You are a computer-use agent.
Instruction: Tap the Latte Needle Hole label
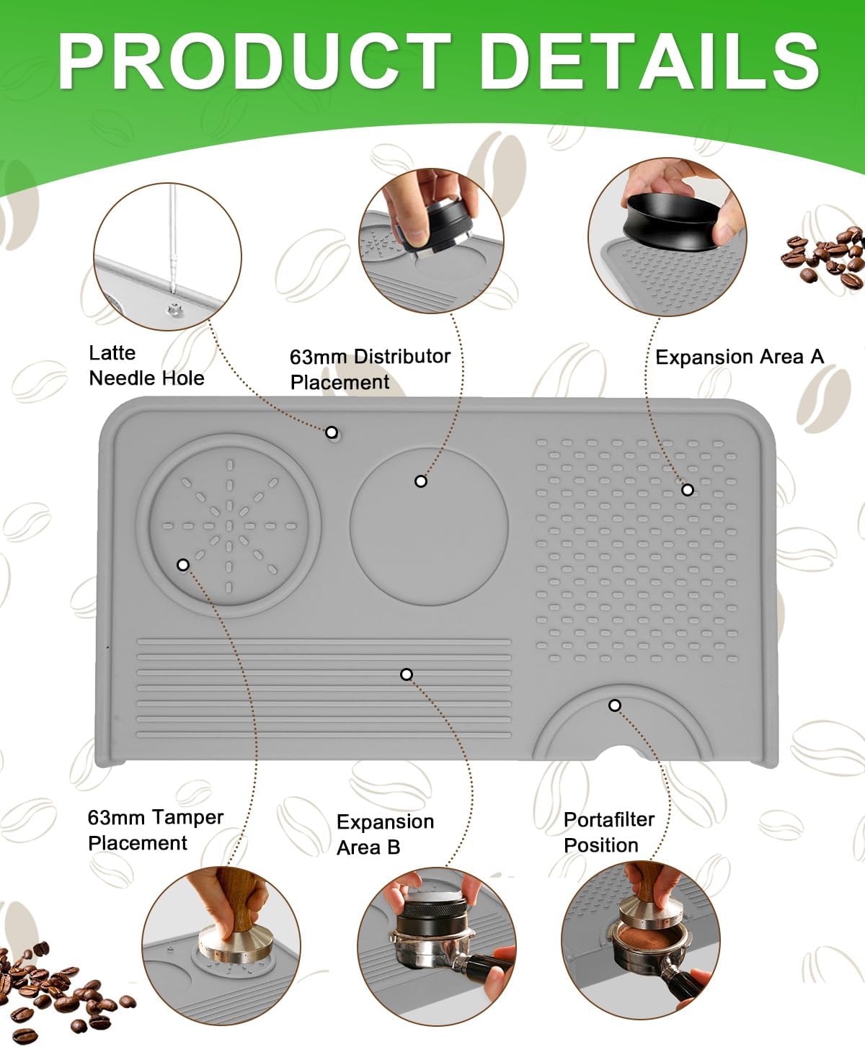(146, 365)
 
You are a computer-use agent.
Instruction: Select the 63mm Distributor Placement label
(369, 369)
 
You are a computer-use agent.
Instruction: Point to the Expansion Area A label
(739, 357)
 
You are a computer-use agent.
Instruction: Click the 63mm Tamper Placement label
(155, 830)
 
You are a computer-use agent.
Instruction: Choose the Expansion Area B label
(385, 834)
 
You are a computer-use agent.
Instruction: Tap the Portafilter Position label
(608, 832)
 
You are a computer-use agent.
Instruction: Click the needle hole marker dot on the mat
(332, 432)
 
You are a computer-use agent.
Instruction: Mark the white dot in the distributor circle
(421, 481)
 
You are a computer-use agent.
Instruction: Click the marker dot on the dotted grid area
(688, 490)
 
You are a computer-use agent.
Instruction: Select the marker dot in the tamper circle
(183, 565)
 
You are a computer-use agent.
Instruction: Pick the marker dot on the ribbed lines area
(407, 674)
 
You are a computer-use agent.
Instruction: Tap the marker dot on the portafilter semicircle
(614, 705)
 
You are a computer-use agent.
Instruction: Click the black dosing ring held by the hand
(670, 220)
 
